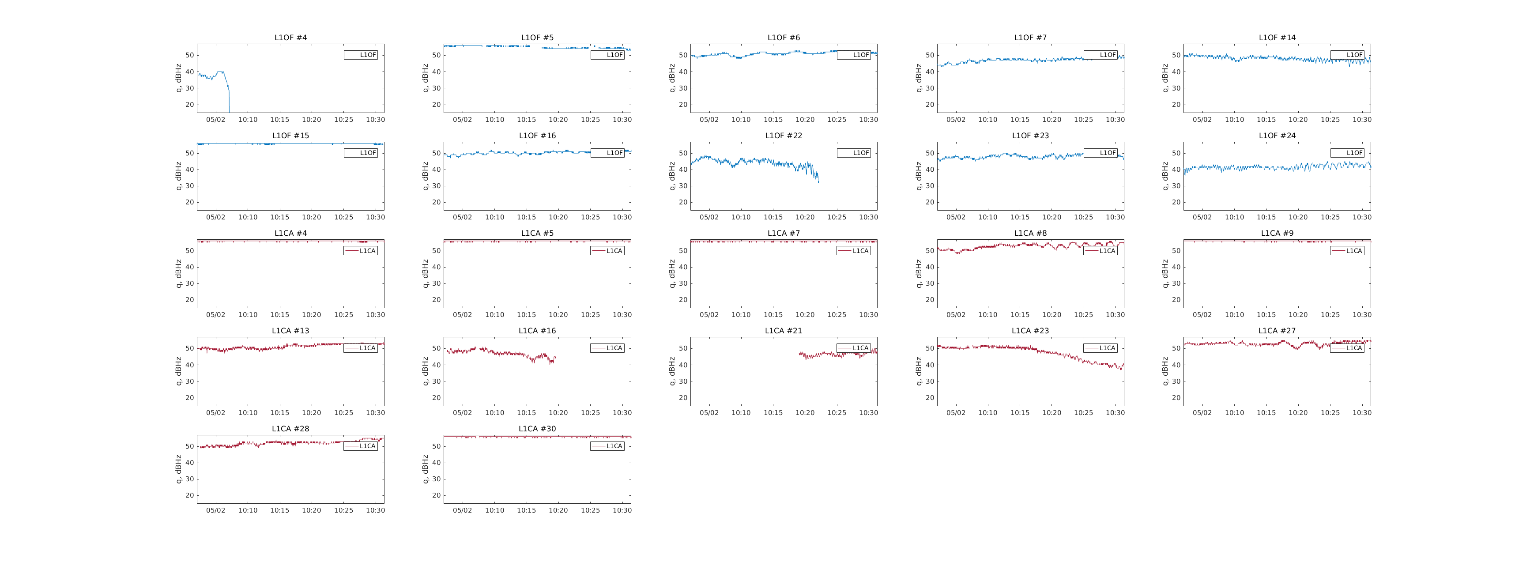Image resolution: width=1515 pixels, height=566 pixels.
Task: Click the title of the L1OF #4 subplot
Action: pos(290,38)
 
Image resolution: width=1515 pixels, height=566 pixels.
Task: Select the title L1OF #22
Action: pos(784,136)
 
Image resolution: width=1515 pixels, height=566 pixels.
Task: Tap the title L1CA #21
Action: pos(784,331)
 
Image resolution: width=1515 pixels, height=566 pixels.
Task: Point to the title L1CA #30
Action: pos(537,429)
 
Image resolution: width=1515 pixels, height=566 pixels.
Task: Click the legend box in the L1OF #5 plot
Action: pos(607,55)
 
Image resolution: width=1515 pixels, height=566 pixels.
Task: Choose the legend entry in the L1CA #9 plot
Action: pos(1347,251)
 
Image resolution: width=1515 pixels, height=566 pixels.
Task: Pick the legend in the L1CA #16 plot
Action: pos(607,348)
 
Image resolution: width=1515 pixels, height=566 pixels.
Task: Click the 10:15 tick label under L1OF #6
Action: pos(773,120)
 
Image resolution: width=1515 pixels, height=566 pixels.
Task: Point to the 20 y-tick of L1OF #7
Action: pos(929,105)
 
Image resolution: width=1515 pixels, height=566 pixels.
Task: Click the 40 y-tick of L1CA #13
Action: pos(189,365)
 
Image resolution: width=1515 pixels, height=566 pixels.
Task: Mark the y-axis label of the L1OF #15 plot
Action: pos(178,176)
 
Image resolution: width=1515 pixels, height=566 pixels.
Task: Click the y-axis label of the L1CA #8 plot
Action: pos(918,274)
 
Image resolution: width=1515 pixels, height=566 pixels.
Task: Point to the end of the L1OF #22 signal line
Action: pos(818,182)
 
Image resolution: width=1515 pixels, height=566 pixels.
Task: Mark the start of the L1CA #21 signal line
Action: pos(799,354)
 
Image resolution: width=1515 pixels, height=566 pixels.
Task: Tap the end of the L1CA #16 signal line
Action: pos(555,357)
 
